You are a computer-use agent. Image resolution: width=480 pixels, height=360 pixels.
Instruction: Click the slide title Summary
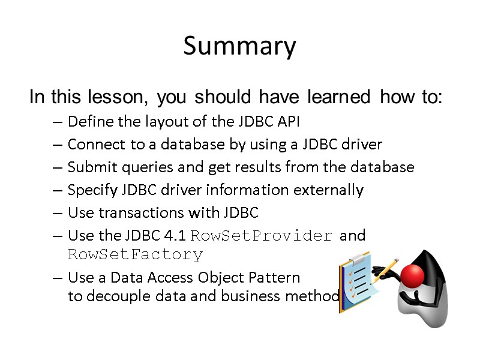pyautogui.click(x=239, y=46)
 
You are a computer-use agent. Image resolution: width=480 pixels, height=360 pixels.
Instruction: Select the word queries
pyautogui.click(x=141, y=167)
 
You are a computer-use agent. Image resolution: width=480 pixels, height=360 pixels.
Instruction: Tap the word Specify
pyautogui.click(x=91, y=190)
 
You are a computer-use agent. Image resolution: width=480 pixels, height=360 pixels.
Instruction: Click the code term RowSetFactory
pyautogui.click(x=136, y=255)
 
